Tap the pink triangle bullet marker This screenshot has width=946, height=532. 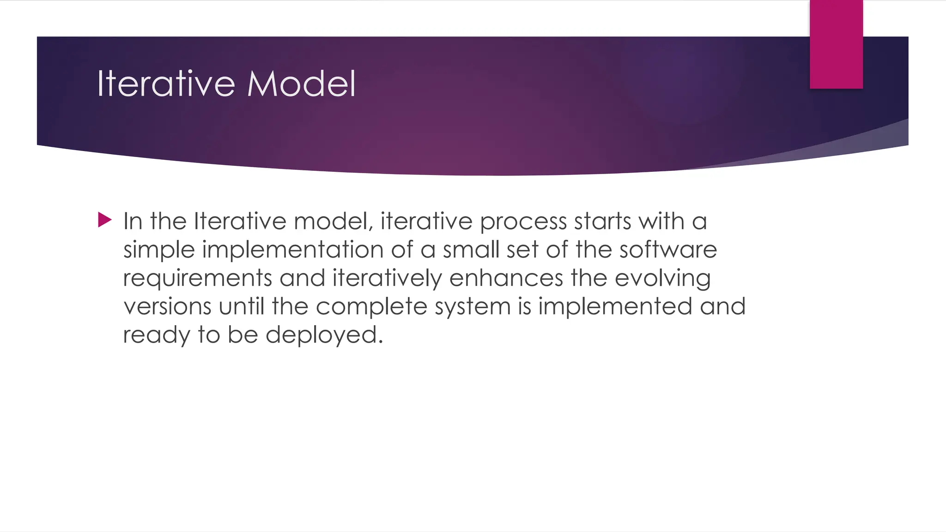105,220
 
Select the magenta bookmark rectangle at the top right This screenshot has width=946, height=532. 836,44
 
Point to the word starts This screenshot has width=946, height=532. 602,221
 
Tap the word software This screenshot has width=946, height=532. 668,250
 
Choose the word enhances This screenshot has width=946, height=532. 506,278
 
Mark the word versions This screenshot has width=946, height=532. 167,307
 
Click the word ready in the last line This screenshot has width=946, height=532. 156,335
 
